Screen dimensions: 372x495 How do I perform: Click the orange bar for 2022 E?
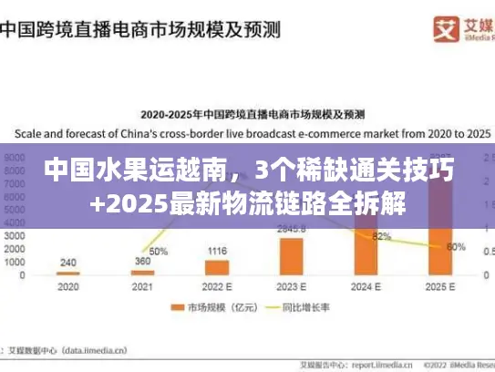(x=217, y=267)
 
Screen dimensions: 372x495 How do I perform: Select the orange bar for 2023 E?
(x=292, y=256)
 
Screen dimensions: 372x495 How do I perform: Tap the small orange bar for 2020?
(x=67, y=273)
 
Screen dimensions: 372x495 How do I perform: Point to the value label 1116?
(x=217, y=251)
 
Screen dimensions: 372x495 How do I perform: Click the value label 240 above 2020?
(x=67, y=262)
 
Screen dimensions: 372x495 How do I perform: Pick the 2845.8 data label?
(x=292, y=229)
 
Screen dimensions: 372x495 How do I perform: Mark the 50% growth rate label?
(x=158, y=251)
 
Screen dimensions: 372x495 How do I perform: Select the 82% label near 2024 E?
(x=382, y=237)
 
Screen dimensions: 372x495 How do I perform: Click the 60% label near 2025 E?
(x=456, y=246)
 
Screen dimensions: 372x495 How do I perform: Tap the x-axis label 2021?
(x=142, y=286)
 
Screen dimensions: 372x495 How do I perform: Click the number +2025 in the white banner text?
(x=127, y=201)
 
